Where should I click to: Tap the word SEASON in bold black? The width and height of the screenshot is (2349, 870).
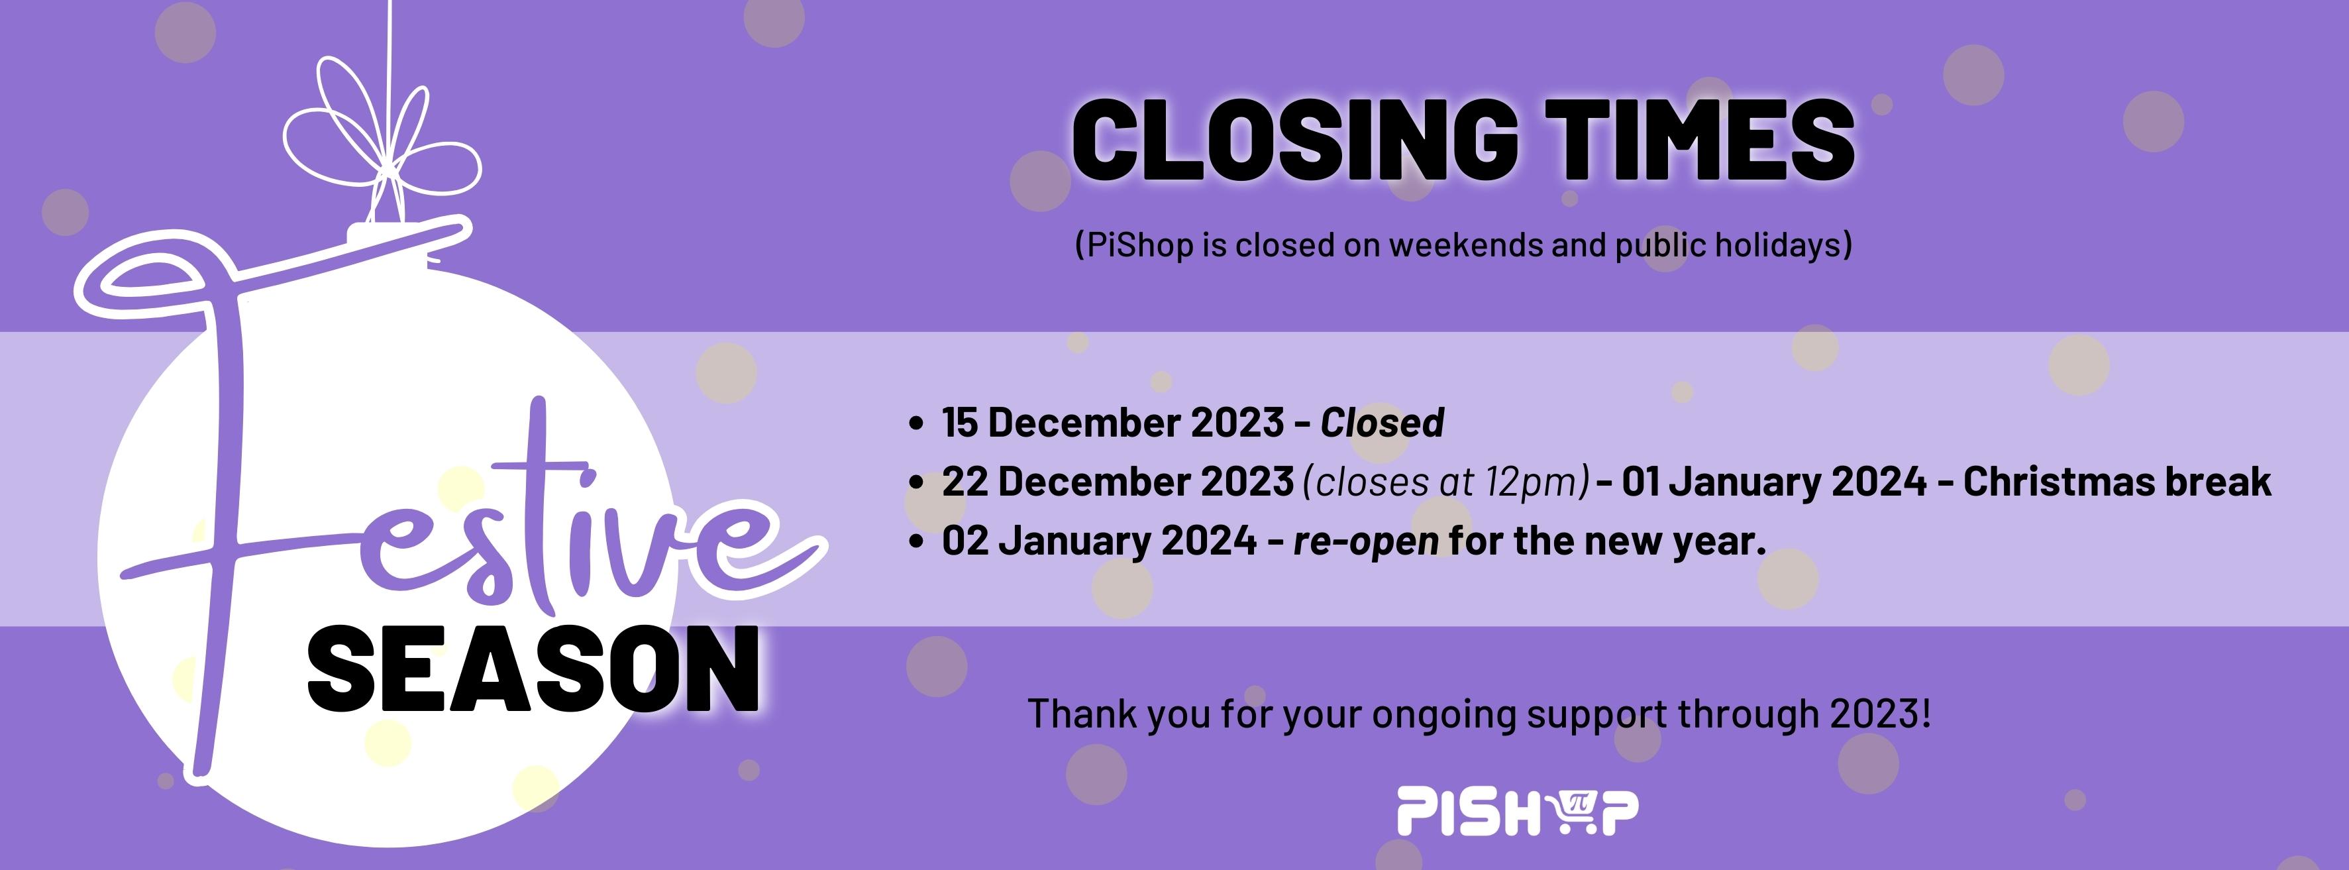(533, 671)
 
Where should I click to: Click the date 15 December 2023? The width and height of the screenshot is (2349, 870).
(1112, 423)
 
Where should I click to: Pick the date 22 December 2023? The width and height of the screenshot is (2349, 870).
(1118, 482)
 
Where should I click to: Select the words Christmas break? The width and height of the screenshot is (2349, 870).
(2116, 482)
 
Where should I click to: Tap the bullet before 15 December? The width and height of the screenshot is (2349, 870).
(916, 423)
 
